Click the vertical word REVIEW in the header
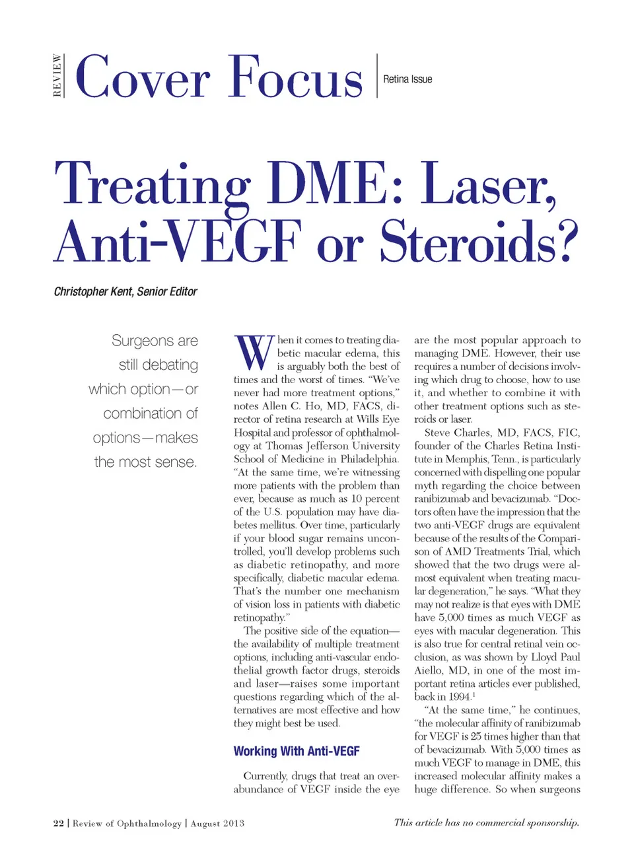(x=57, y=76)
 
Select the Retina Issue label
(x=407, y=79)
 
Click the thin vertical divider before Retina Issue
(x=377, y=76)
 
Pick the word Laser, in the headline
(x=489, y=185)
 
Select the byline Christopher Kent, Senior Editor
(x=125, y=291)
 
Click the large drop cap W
(x=254, y=353)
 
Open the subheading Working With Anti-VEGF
(x=297, y=751)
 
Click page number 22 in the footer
(x=59, y=823)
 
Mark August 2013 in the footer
(x=217, y=823)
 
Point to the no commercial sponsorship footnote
(x=486, y=822)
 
